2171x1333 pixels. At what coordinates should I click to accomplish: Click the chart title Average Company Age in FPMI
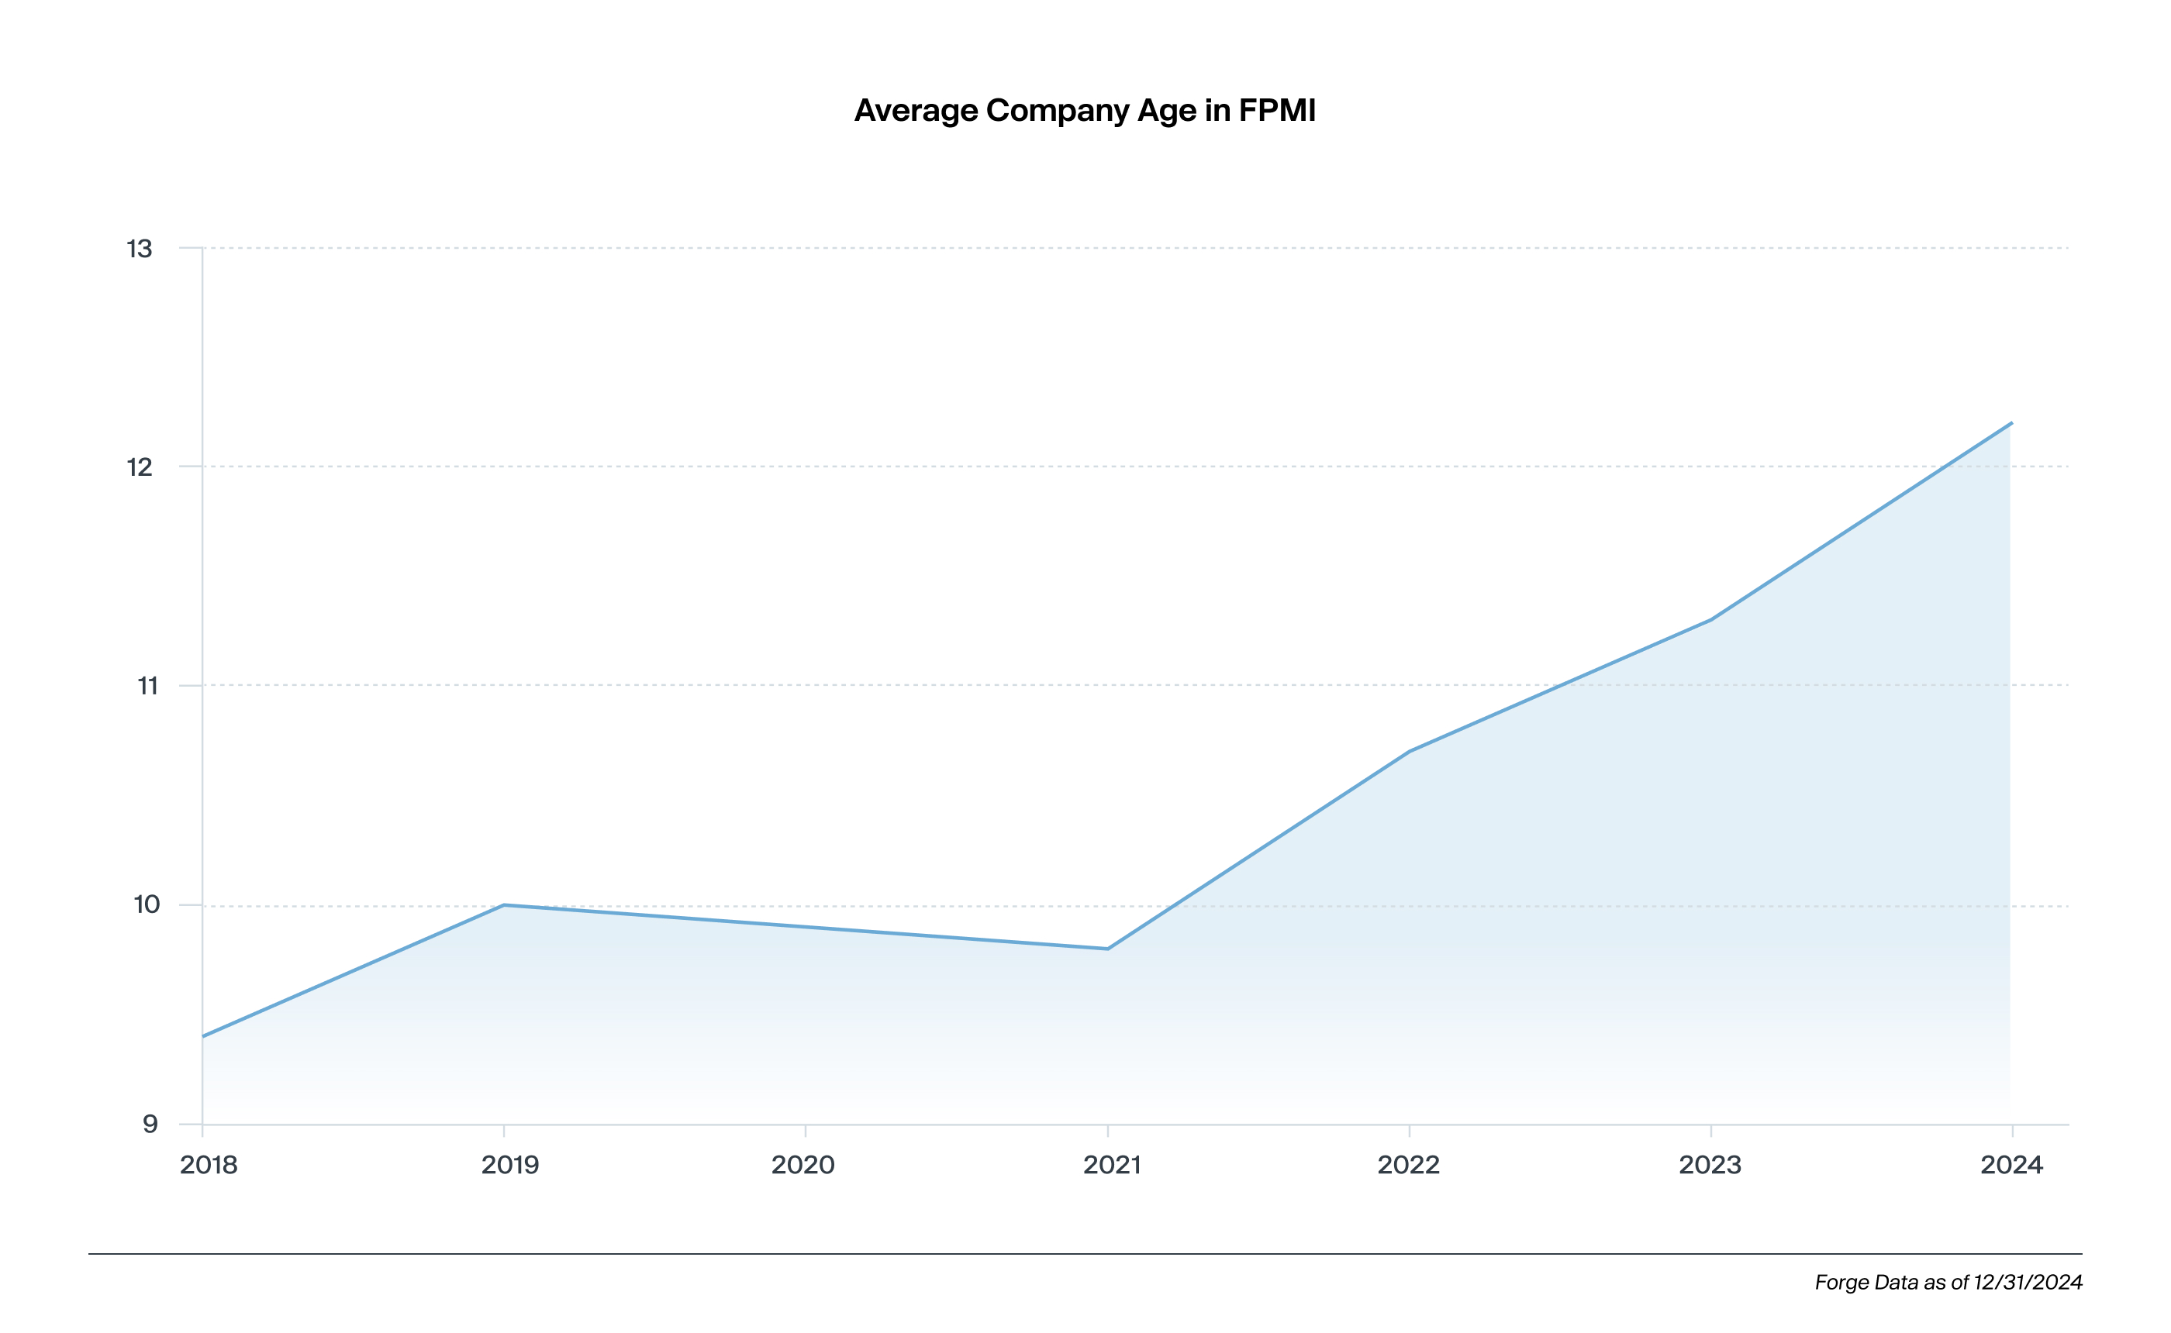pos(1085,111)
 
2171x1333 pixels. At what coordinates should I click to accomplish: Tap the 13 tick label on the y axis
pos(140,250)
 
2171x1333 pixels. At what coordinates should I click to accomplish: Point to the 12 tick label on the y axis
pos(140,467)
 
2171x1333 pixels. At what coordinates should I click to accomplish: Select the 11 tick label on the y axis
pos(147,686)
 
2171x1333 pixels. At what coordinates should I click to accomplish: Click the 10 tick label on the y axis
pos(147,904)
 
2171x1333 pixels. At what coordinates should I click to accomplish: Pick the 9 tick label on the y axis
pos(150,1124)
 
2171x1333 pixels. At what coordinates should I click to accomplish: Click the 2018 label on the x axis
pos(209,1166)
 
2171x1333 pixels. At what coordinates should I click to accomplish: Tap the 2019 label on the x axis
pos(509,1166)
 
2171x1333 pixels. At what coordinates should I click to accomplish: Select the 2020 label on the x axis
pos(802,1166)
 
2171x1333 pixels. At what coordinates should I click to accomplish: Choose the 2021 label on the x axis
pos(1111,1166)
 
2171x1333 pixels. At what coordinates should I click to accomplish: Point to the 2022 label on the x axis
pos(1408,1166)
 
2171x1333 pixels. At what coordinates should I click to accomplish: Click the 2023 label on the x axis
pos(1710,1166)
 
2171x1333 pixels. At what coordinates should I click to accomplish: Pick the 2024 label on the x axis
pos(2011,1166)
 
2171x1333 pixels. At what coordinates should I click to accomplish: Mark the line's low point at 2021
pos(1107,949)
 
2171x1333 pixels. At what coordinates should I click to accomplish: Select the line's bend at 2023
pos(1710,620)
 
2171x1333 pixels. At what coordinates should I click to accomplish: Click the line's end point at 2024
pos(2011,423)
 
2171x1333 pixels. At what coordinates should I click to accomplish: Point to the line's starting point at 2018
pos(203,1036)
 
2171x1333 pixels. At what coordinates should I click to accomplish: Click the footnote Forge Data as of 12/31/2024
pos(1948,1283)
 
